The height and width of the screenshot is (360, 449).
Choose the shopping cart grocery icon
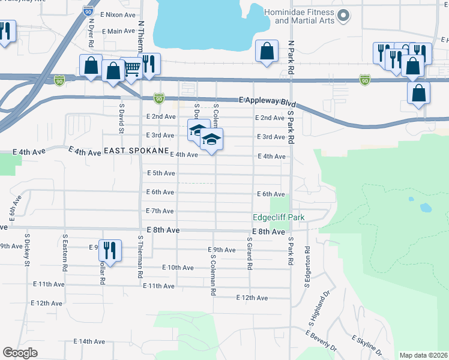pos(131,67)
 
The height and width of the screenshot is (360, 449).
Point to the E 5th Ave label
pos(161,173)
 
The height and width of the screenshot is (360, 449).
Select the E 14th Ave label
pos(89,341)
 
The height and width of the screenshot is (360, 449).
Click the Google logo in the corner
pos(20,353)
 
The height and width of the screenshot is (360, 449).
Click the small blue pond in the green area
pos(426,208)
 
